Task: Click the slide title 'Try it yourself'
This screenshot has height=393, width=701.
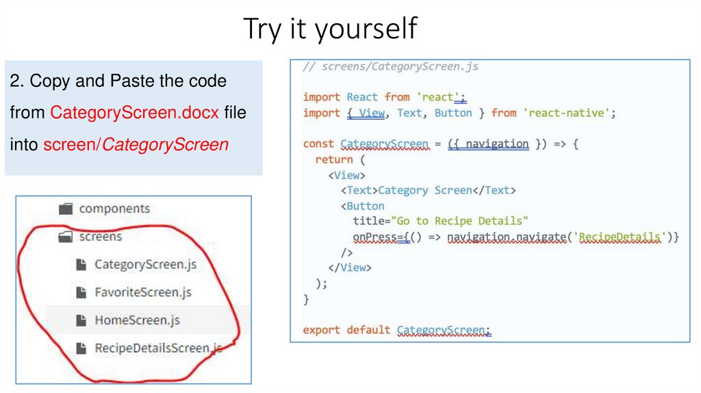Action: (330, 29)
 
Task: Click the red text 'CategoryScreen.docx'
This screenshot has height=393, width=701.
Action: (135, 112)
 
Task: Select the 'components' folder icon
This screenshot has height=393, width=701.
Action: (66, 209)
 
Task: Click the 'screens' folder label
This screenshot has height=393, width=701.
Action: (101, 237)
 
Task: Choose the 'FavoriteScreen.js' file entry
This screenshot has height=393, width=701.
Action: (142, 292)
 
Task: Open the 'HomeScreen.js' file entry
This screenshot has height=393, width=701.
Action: (137, 320)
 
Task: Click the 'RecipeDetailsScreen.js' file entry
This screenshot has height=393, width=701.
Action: (158, 348)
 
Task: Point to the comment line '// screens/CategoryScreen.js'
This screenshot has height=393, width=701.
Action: (390, 66)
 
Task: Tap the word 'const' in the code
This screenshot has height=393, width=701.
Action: (318, 144)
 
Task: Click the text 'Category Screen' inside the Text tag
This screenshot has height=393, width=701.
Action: (424, 190)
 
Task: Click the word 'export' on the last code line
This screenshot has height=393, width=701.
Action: (322, 330)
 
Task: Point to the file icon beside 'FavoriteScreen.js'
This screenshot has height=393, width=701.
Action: (81, 292)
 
